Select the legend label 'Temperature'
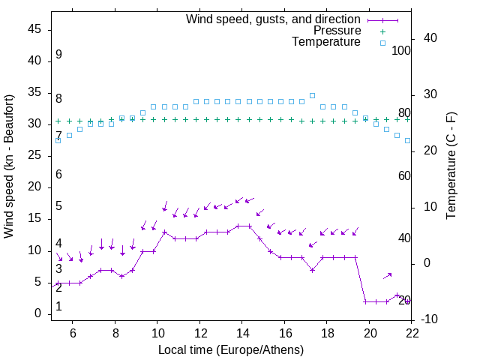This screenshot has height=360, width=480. [x=326, y=43]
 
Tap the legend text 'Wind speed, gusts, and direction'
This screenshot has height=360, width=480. [x=273, y=19]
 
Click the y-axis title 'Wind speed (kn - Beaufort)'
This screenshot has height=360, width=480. [x=9, y=166]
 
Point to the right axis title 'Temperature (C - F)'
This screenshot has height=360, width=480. [x=451, y=166]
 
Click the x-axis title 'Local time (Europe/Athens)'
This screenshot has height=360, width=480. [x=232, y=350]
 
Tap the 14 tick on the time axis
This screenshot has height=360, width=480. [x=242, y=331]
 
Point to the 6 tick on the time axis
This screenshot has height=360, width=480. [x=73, y=331]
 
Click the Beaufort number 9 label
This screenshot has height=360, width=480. [x=58, y=55]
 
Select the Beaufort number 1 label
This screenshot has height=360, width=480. [x=58, y=307]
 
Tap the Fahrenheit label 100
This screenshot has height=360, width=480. [x=402, y=51]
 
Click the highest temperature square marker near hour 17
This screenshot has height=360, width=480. [x=313, y=96]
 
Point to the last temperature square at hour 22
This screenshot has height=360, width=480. [x=408, y=140]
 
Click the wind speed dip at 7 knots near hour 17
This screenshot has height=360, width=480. [x=313, y=270]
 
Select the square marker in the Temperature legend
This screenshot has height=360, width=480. [x=382, y=43]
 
